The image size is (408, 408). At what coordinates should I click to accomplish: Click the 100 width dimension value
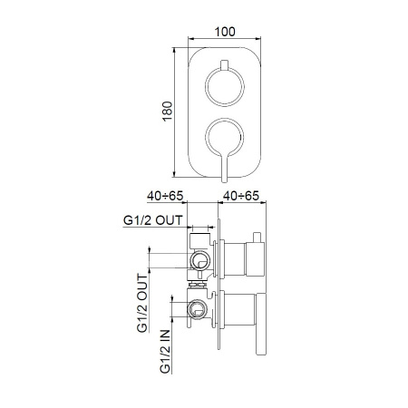tap(227, 30)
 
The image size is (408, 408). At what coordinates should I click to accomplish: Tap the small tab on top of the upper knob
tap(225, 70)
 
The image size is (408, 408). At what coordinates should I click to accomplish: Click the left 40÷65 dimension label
tap(169, 195)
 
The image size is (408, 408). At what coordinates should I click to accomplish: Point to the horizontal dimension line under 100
tap(227, 40)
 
